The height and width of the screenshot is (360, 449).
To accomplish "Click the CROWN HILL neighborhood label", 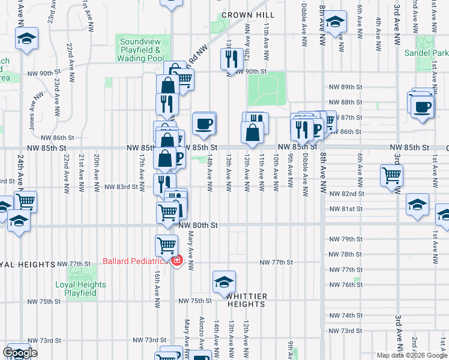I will [248, 15].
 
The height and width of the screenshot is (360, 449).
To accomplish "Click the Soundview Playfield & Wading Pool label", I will [140, 50].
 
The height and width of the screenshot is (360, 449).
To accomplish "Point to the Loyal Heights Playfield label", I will [80, 289].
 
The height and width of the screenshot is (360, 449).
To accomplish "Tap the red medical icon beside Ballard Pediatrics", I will [176, 261].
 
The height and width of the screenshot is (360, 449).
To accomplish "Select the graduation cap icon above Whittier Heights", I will [224, 281].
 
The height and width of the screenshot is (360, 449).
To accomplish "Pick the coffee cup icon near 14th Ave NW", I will [204, 123].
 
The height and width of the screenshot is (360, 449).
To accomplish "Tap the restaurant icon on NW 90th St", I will [229, 58].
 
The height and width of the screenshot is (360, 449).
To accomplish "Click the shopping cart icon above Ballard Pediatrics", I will [166, 244].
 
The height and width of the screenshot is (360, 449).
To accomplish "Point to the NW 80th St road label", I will [197, 224].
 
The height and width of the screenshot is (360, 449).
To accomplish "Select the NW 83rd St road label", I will [121, 187].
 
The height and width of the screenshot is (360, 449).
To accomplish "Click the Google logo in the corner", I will [20, 353].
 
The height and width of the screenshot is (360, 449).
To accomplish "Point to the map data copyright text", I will [411, 355].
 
